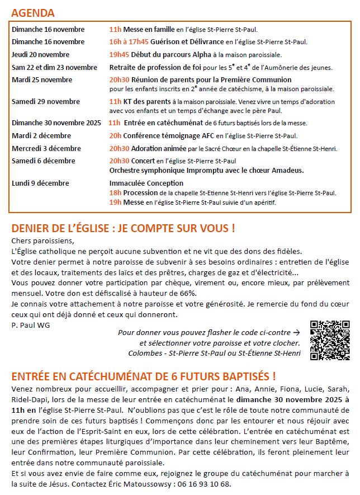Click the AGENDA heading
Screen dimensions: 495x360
33,13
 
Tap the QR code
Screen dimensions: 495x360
329,340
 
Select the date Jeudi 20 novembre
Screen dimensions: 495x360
41,55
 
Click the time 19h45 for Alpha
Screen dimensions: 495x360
119,55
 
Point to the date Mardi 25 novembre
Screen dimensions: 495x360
42,80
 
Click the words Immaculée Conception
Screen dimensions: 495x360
146,183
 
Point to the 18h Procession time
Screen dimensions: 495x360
115,192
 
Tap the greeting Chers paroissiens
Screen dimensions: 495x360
42,241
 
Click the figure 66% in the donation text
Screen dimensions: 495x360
188,293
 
